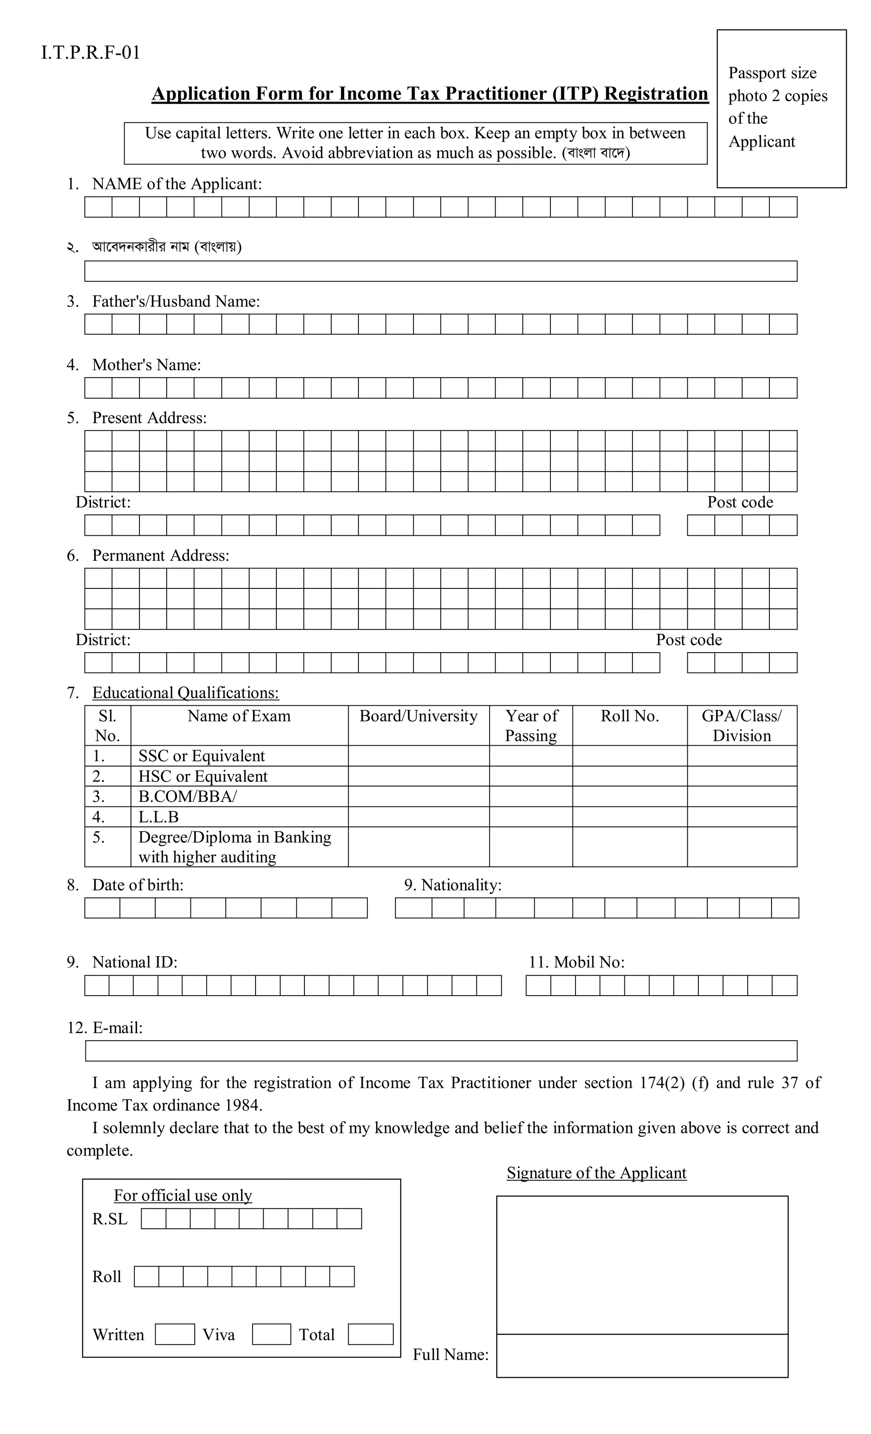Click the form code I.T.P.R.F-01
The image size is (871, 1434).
tap(91, 53)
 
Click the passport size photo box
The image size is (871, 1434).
tap(781, 109)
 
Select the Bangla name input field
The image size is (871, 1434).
tap(440, 271)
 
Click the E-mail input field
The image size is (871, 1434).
tap(441, 1051)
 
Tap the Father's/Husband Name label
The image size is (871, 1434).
tap(175, 301)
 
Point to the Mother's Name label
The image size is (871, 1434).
tap(146, 365)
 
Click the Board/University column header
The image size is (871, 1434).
tap(418, 716)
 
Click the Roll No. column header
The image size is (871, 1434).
tap(629, 716)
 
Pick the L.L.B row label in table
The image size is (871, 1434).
tap(158, 817)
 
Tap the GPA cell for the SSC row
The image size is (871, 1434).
tap(741, 755)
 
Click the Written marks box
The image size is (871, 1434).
tap(175, 1334)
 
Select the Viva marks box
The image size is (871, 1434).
tap(271, 1334)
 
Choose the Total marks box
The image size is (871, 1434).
tap(370, 1334)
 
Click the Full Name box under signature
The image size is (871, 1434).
tap(642, 1355)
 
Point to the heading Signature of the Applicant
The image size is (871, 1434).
tap(596, 1172)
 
